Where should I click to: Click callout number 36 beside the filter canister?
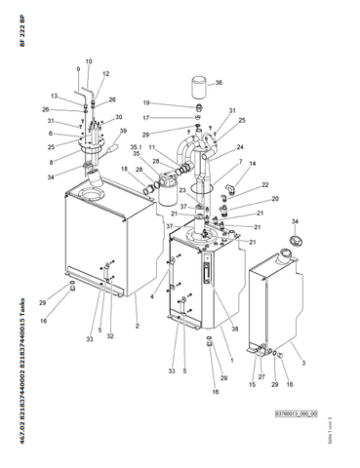219,84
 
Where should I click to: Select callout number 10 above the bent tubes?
88,61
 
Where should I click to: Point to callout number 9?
77,69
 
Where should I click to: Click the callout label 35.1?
137,147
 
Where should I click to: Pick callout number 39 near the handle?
123,131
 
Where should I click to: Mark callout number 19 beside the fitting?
174,103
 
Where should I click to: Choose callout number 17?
174,118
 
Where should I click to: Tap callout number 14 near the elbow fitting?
253,164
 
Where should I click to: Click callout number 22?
265,185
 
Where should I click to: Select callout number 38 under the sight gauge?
233,329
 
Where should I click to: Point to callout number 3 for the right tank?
303,362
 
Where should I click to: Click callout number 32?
110,336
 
